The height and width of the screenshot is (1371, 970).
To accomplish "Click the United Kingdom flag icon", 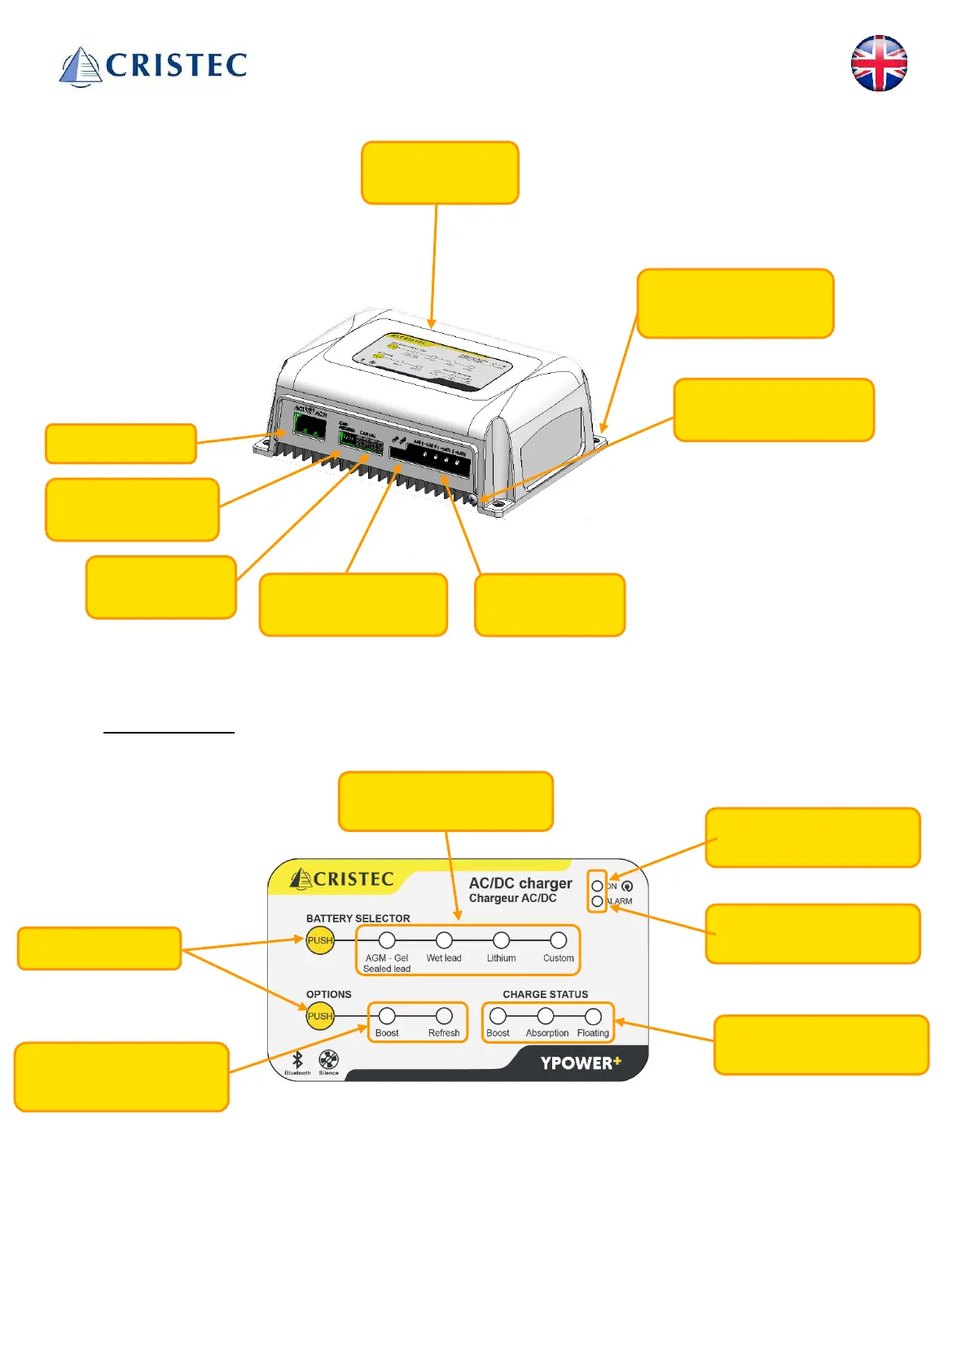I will pos(879,64).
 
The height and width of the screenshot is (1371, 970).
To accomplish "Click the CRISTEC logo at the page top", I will pos(153,65).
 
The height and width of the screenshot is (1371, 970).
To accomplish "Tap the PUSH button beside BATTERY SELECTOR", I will pos(320,940).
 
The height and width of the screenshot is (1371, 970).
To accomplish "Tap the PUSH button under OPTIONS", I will pos(320,1016).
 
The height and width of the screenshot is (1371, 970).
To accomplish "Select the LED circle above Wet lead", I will pos(444,940).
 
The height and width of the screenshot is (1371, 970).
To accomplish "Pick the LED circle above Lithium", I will pos(501,940).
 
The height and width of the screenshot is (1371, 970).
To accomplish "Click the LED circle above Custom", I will pos(558,940).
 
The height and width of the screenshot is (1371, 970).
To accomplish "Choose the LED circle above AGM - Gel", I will pos(387,940).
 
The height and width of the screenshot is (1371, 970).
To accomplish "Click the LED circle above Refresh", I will pos(444,1016).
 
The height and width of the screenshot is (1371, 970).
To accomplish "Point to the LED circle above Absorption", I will pos(546,1016).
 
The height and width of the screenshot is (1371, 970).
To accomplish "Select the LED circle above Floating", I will pos(593,1016).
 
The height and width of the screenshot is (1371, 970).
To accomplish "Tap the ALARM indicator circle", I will pos(597,901).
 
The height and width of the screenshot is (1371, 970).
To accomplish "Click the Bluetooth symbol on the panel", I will pos(297,1059).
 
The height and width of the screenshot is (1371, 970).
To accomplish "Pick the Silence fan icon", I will pos(328,1059).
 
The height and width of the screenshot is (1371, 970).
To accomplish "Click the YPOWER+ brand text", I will pos(581,1062).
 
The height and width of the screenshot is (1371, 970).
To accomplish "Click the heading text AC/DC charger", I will pos(520,883).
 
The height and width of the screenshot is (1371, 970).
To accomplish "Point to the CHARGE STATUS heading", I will pos(545,994).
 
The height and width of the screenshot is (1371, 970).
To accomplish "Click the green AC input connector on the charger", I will pos(309,424).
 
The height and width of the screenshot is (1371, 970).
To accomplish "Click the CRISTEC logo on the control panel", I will pos(342,879).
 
